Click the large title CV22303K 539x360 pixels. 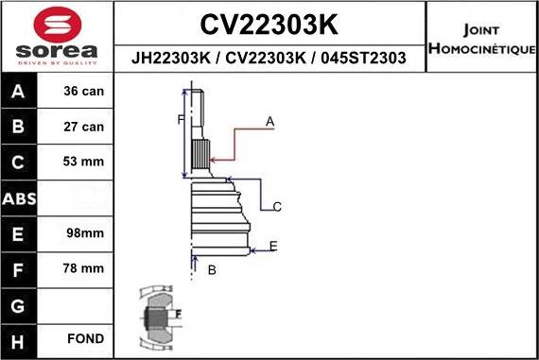[x=270, y=23]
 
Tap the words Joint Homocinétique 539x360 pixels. [x=482, y=38]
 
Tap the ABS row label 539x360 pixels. [x=20, y=198]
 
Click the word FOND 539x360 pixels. [x=85, y=338]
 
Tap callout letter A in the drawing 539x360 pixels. [x=269, y=122]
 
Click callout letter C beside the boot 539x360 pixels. [x=277, y=206]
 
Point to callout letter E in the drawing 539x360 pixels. [x=273, y=246]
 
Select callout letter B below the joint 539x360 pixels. [x=212, y=270]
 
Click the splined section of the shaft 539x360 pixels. [x=200, y=153]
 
